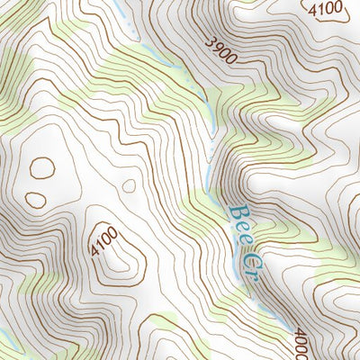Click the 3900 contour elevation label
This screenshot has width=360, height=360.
pyautogui.click(x=221, y=49)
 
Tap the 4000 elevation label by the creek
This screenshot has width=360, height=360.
pyautogui.click(x=301, y=345)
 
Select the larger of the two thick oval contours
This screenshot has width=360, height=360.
pyautogui.click(x=41, y=166)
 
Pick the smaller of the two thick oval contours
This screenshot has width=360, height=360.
pyautogui.click(x=35, y=200)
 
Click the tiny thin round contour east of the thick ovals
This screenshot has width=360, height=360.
pyautogui.click(x=128, y=186)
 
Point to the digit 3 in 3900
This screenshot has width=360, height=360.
pyautogui.click(x=211, y=41)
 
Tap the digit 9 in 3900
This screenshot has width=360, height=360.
pyautogui.click(x=218, y=47)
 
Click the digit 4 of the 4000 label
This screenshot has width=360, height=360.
pyautogui.click(x=301, y=336)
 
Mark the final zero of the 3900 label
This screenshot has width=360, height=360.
pyautogui.click(x=232, y=58)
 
